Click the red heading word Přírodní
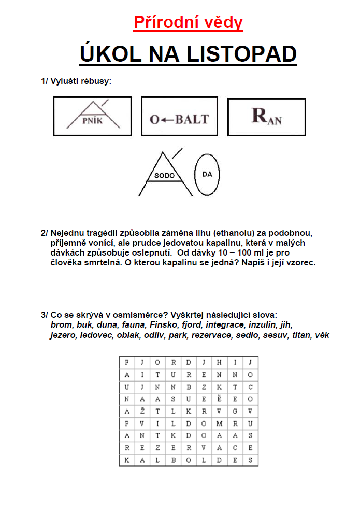(x=159, y=22)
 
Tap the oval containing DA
(x=208, y=174)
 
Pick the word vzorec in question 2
(x=303, y=262)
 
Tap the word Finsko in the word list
(x=163, y=325)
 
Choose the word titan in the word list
(x=302, y=335)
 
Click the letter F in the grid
(x=127, y=362)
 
